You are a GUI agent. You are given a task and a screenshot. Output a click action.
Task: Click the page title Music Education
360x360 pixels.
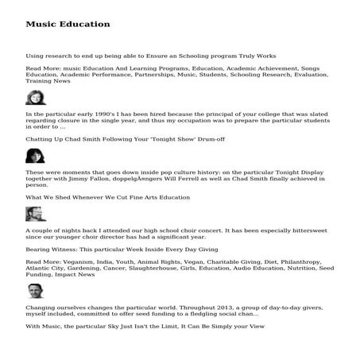68,25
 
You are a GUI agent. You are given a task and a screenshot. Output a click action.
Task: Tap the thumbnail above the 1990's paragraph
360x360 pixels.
36,98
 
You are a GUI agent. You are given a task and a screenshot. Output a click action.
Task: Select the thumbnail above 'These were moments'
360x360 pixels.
36,156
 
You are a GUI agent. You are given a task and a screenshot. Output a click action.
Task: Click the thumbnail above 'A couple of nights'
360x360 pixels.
36,214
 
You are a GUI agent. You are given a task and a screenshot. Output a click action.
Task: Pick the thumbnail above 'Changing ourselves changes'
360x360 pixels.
36,291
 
